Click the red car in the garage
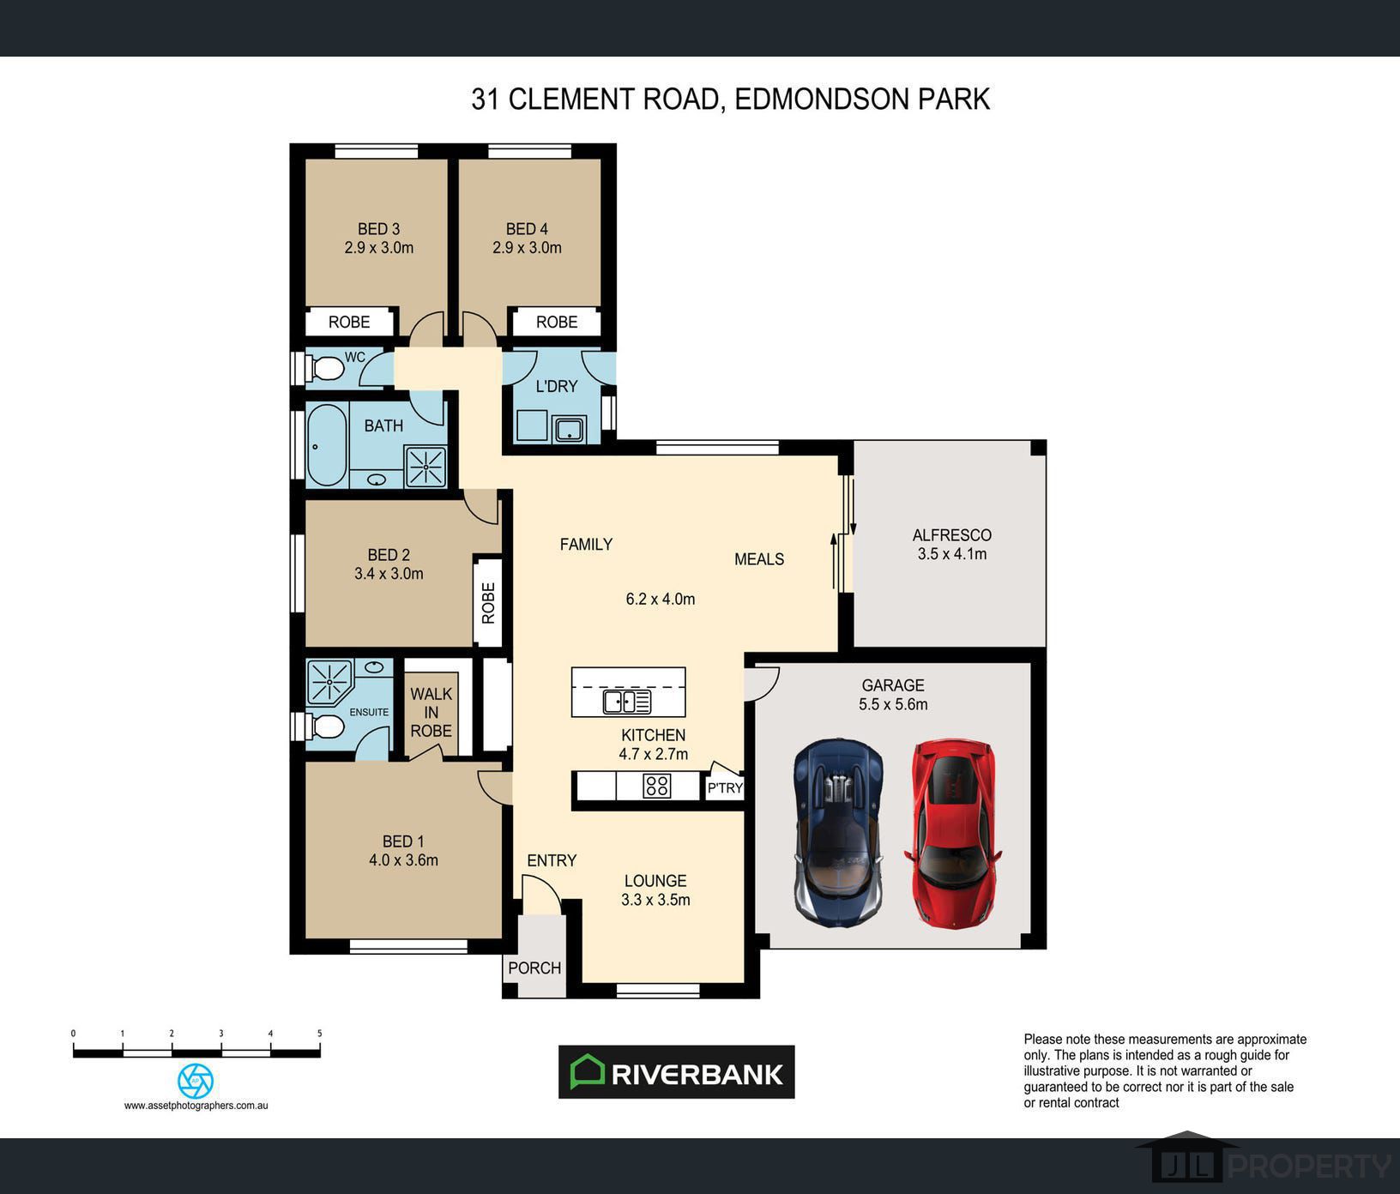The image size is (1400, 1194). point(952,834)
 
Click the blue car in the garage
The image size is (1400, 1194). point(838,833)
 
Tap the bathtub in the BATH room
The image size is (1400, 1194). point(327,445)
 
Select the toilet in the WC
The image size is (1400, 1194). point(326,369)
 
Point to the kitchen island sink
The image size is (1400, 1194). point(627,702)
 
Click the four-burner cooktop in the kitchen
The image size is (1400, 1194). point(657,786)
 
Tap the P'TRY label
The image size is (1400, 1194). point(725,787)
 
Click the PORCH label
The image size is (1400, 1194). point(534,968)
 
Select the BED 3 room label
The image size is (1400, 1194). point(379,229)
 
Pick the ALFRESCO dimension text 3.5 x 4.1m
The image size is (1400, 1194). point(952,554)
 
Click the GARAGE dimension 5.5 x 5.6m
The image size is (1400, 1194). point(893,704)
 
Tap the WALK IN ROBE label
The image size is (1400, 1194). point(431,712)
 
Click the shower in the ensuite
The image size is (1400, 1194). point(329,682)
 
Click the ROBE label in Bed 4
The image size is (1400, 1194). point(557,322)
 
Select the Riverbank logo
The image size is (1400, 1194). point(677,1072)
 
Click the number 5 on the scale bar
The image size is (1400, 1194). point(319,1034)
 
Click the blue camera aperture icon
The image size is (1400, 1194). point(196,1081)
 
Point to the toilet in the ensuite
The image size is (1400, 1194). point(326,727)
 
